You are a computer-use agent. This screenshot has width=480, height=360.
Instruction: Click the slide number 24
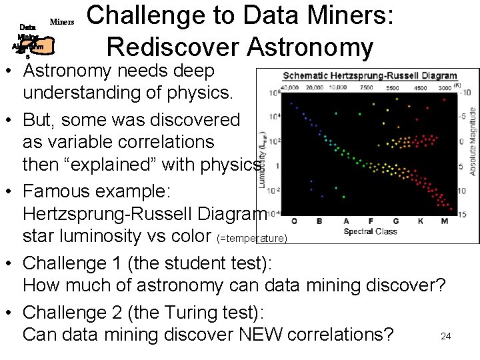[x=446, y=337]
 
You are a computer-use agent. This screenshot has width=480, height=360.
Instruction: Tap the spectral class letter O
[x=295, y=221]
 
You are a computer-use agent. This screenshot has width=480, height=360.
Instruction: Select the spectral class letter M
[x=443, y=221]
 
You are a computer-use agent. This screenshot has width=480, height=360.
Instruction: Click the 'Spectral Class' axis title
[x=370, y=232]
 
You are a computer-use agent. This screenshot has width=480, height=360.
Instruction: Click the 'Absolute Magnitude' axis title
[x=473, y=140]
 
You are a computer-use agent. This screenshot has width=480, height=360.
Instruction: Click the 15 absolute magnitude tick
[x=461, y=213]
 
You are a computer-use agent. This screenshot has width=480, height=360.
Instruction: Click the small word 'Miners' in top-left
[x=62, y=22]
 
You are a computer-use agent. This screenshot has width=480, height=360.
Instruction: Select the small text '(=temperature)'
[x=252, y=239]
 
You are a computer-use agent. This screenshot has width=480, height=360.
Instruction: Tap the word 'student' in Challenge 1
[x=177, y=263]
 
